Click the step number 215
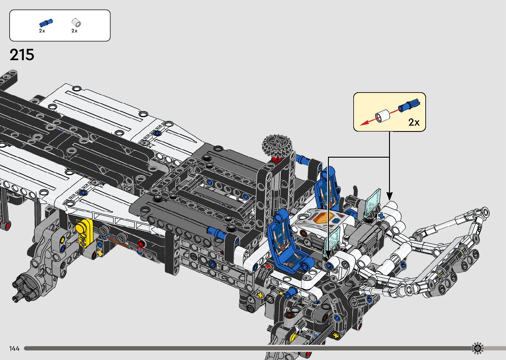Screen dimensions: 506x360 click(22, 55)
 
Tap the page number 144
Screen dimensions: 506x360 click(15, 348)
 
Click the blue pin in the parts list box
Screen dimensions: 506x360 click(46, 23)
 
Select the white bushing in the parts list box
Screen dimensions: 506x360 click(76, 22)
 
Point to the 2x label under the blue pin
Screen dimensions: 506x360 click(42, 31)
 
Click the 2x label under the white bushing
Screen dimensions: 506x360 click(74, 31)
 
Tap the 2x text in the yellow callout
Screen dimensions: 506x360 click(414, 122)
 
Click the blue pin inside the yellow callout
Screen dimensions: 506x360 click(409, 105)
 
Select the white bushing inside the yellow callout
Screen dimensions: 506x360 click(382, 116)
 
